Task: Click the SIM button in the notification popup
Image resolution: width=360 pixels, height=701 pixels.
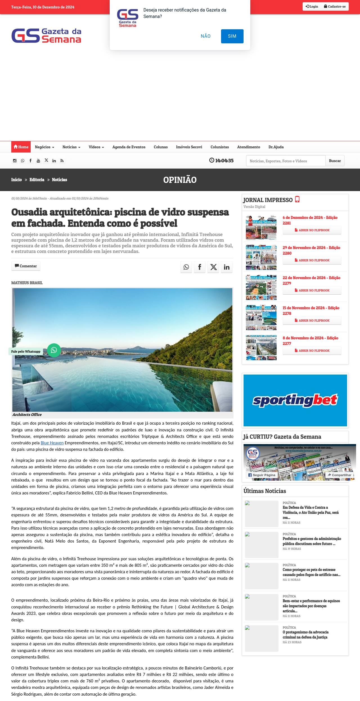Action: (232, 36)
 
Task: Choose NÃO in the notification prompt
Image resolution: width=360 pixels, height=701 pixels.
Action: (206, 36)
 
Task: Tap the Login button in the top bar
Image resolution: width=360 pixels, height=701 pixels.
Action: (312, 6)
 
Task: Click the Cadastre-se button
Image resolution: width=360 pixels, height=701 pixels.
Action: (335, 6)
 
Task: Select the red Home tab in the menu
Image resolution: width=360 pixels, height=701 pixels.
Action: (21, 147)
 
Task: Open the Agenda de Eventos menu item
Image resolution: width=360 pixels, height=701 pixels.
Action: (129, 147)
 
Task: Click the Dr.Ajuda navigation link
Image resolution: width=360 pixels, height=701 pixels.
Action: (276, 147)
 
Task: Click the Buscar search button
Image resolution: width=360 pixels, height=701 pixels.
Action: (335, 161)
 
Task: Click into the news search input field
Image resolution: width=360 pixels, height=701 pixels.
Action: (285, 161)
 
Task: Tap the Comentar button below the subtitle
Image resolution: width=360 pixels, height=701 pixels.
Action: (26, 266)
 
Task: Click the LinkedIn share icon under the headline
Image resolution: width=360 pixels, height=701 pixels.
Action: (226, 267)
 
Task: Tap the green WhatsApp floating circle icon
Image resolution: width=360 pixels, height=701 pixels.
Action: (54, 350)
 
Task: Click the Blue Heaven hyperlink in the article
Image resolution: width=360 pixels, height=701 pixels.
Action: (52, 443)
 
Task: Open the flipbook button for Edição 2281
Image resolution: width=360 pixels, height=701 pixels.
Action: (312, 230)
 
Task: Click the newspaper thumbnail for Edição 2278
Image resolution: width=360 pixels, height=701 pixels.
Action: (261, 317)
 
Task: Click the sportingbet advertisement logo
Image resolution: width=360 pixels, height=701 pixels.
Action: (295, 400)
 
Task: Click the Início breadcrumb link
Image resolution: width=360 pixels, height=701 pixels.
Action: (16, 180)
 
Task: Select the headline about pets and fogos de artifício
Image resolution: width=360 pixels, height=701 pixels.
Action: (311, 572)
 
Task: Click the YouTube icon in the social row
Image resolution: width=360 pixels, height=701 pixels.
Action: (38, 161)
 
